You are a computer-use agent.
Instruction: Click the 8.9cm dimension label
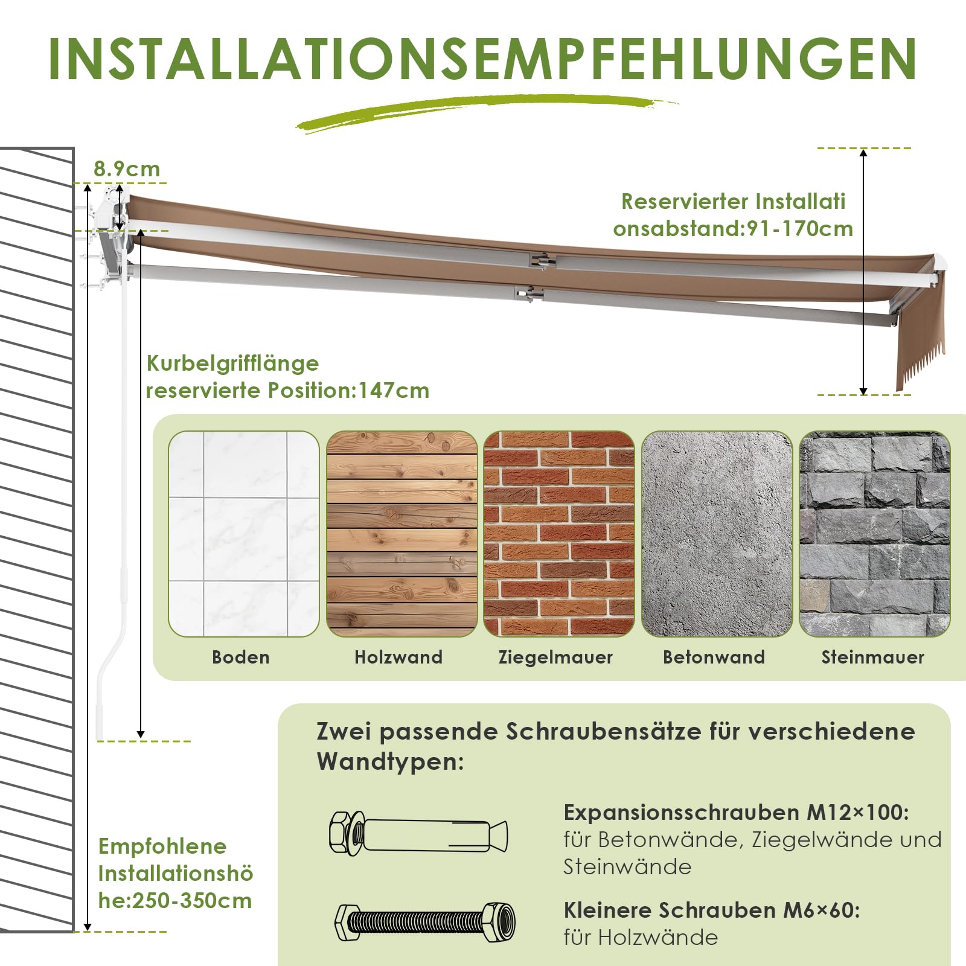click(x=127, y=169)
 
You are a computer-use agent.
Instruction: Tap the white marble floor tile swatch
click(x=244, y=534)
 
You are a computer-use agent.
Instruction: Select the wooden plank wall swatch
click(x=402, y=534)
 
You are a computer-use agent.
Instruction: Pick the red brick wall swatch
click(x=559, y=534)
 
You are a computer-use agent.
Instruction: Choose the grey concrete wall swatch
click(x=717, y=534)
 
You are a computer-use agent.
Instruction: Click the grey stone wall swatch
click(x=875, y=534)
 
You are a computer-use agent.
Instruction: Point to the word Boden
click(x=241, y=657)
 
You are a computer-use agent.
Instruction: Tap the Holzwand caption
click(x=398, y=657)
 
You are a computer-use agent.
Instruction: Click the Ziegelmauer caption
click(x=555, y=657)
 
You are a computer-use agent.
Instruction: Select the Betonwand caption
click(x=714, y=657)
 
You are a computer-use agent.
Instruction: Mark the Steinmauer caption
click(x=873, y=657)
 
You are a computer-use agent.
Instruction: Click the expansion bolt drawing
click(x=418, y=834)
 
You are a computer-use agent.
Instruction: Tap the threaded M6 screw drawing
click(x=425, y=922)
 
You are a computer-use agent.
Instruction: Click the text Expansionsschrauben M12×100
click(x=737, y=813)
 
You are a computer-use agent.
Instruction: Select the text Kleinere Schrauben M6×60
click(x=712, y=910)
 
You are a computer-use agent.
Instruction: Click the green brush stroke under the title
click(x=487, y=112)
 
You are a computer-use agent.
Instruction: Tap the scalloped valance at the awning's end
click(x=919, y=338)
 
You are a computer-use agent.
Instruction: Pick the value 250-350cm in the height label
click(x=192, y=901)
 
